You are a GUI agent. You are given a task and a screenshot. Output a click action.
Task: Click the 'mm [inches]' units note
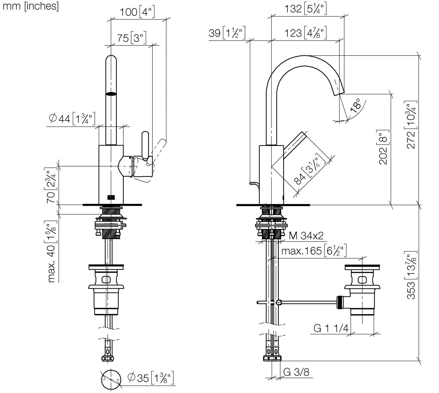(30, 6)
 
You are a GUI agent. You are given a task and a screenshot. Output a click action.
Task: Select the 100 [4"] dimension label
(137, 12)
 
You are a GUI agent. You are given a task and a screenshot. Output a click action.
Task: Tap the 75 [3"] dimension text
(131, 38)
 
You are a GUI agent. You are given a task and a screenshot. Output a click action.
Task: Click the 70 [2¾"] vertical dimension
(51, 185)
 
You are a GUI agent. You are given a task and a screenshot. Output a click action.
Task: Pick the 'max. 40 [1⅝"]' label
(52, 251)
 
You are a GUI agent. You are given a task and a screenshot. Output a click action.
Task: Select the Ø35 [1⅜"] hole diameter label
(150, 378)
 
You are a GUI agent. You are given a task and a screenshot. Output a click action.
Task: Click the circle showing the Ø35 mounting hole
(111, 380)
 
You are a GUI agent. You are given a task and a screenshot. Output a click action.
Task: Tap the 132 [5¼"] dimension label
(306, 9)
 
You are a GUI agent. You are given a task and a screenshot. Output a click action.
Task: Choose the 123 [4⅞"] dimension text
(306, 33)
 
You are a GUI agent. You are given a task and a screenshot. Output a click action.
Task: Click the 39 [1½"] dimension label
(227, 33)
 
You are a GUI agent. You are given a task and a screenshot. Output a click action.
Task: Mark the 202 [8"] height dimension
(383, 147)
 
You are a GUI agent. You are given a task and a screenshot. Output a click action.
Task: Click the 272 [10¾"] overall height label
(411, 125)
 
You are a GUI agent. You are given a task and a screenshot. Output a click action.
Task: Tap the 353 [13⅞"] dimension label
(411, 275)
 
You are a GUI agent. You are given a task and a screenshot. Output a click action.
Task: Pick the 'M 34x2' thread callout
(306, 236)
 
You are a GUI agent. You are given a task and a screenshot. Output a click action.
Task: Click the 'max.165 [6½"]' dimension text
(314, 251)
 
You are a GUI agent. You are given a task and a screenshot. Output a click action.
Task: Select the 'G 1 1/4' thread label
(331, 328)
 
